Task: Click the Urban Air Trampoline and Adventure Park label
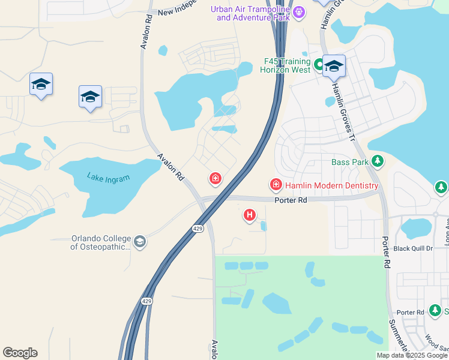pos(249,13)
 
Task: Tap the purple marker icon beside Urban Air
pos(300,11)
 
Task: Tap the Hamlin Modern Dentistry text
pos(331,186)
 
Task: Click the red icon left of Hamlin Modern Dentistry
pos(276,184)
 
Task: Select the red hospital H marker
pos(249,214)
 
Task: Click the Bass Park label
pos(350,162)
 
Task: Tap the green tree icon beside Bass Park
pos(378,161)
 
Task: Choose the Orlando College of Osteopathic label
pos(101,242)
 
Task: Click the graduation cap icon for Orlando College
pos(140,242)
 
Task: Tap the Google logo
pos(20,353)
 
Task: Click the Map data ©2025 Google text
pos(411,355)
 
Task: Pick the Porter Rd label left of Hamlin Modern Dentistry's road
pos(291,200)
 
